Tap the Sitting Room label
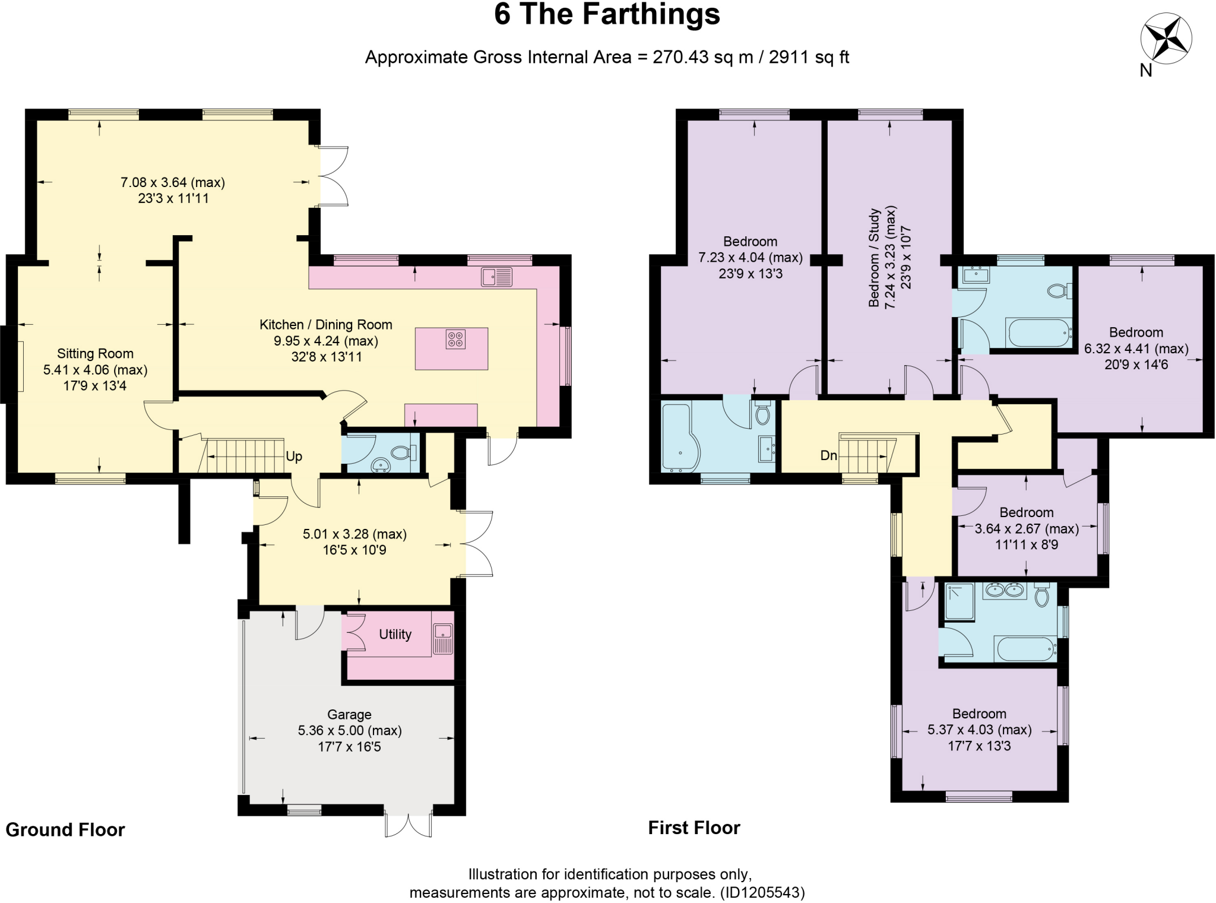[x=95, y=354]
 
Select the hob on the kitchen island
[x=456, y=340]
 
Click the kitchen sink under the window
[x=497, y=277]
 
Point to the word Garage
[x=349, y=715]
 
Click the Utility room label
[x=395, y=635]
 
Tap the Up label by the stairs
[x=294, y=457]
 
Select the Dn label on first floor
[x=828, y=455]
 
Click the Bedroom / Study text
[x=873, y=257]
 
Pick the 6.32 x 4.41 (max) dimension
[x=1136, y=349]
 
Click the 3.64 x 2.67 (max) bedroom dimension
[x=1027, y=529]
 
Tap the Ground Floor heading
[x=65, y=829]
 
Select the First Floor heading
[x=693, y=828]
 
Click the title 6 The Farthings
[x=607, y=15]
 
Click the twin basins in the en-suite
[x=1005, y=590]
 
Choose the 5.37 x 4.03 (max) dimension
[x=979, y=730]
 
